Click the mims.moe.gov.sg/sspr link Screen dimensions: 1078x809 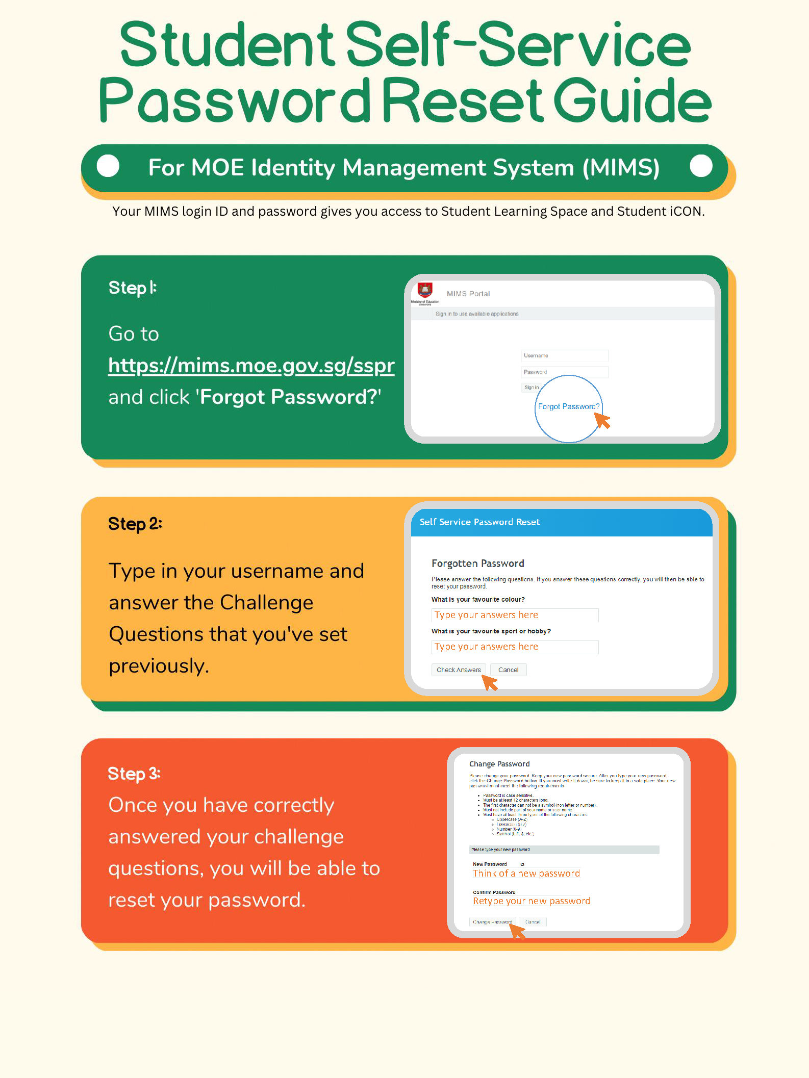point(251,366)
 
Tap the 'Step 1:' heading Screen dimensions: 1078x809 point(133,288)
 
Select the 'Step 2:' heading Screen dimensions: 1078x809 point(135,524)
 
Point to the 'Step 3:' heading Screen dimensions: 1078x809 point(134,774)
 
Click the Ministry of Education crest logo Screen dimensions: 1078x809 point(425,290)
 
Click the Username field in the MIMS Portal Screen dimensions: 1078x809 point(564,355)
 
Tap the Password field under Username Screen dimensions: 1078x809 point(564,372)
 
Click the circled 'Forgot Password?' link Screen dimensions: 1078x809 point(568,406)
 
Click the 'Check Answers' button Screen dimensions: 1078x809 point(459,670)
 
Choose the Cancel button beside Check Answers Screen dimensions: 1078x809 point(508,670)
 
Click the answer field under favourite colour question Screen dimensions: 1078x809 point(514,615)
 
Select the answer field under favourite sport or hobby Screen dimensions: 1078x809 point(514,647)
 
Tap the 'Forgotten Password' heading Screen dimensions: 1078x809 point(477,563)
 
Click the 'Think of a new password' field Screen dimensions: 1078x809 point(526,874)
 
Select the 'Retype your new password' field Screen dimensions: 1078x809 point(531,901)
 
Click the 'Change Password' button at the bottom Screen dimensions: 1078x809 point(492,922)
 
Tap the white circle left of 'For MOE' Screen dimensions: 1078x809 point(108,166)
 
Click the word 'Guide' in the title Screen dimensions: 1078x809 point(632,100)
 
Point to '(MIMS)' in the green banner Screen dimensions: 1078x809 point(621,168)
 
